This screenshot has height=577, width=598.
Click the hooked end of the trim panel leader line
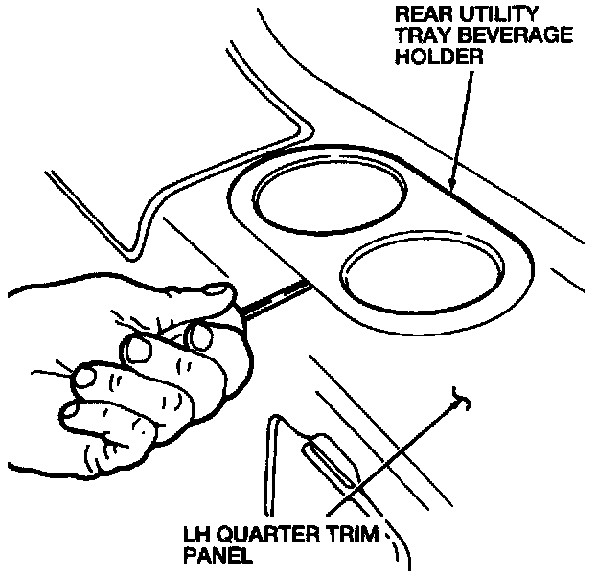coord(463,396)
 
